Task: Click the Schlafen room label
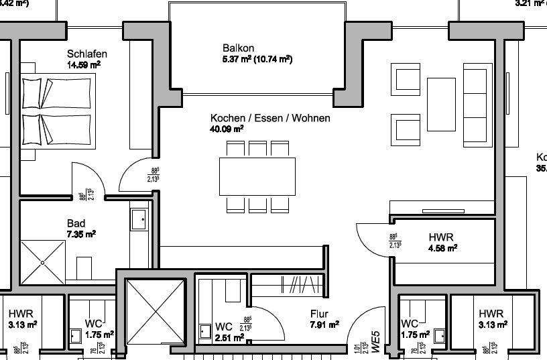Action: click(x=87, y=54)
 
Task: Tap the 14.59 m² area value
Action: click(x=84, y=65)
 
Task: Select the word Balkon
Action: click(x=238, y=48)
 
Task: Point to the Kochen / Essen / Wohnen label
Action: click(x=269, y=118)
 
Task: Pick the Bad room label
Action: click(x=76, y=223)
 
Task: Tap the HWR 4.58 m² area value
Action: click(x=442, y=248)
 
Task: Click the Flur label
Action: click(x=320, y=313)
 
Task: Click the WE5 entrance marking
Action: click(x=376, y=341)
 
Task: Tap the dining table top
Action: click(x=257, y=177)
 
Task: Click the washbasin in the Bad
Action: click(x=139, y=218)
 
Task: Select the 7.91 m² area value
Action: click(x=324, y=324)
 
